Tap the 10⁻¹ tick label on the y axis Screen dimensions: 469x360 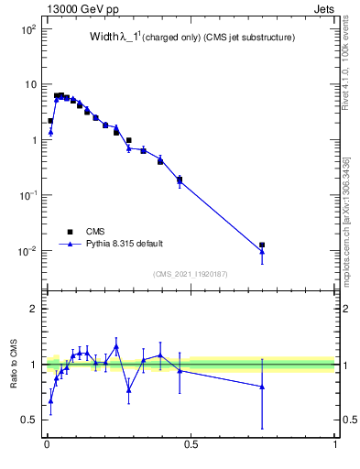coord(26,195)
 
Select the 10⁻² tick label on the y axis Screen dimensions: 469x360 coord(26,251)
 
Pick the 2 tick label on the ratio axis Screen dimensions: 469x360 coord(32,309)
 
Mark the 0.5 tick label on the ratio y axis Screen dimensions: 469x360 coord(27,420)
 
